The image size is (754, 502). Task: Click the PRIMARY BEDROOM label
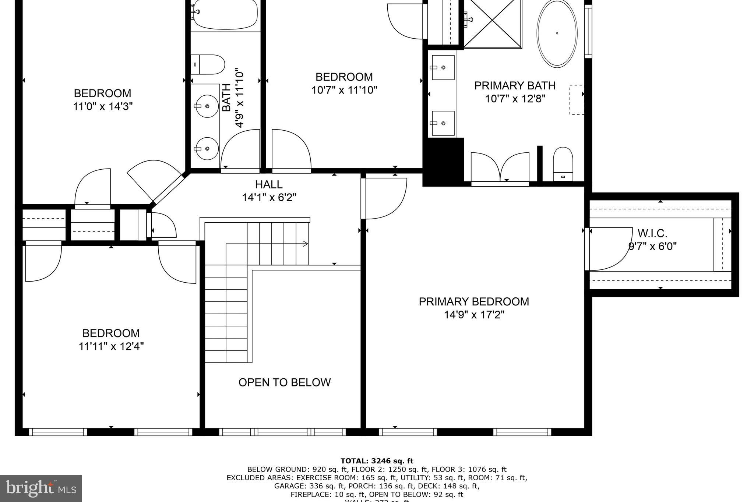473,301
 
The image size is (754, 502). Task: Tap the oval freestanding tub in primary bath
557,33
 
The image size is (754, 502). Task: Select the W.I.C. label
652,233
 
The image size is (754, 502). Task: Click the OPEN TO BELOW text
284,382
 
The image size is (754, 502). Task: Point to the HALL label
269,184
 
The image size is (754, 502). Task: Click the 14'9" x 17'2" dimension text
473,315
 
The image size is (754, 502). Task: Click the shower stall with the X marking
493,23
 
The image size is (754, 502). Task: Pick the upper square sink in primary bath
443,67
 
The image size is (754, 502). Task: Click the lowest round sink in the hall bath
207,149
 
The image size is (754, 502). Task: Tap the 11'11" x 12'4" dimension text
111,346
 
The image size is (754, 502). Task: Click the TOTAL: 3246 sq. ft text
377,461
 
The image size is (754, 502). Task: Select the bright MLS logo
40,488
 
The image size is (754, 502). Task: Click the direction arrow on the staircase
305,243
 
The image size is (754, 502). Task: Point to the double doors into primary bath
500,167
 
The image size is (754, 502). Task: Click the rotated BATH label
226,98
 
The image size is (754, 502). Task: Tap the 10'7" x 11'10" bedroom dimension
344,90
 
